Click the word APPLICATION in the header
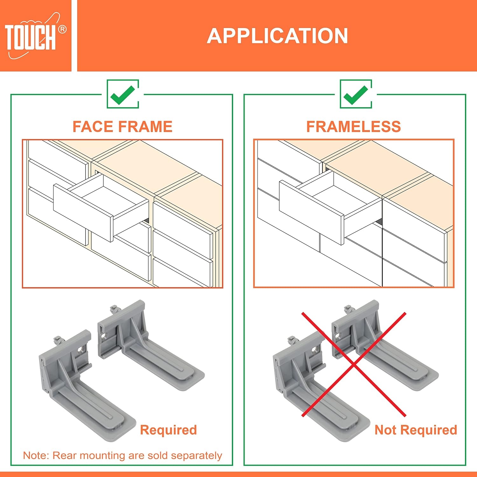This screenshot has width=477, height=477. click(277, 36)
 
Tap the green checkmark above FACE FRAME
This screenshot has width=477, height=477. click(123, 94)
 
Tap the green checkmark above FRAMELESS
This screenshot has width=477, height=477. click(356, 94)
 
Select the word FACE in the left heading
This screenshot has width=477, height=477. click(92, 127)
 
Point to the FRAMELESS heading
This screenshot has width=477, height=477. click(354, 127)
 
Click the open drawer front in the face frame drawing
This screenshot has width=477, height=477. click(83, 212)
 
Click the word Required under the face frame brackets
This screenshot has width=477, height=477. click(169, 430)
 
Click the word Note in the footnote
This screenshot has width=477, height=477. click(35, 455)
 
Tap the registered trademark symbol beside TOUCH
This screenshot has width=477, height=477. click(62, 30)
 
